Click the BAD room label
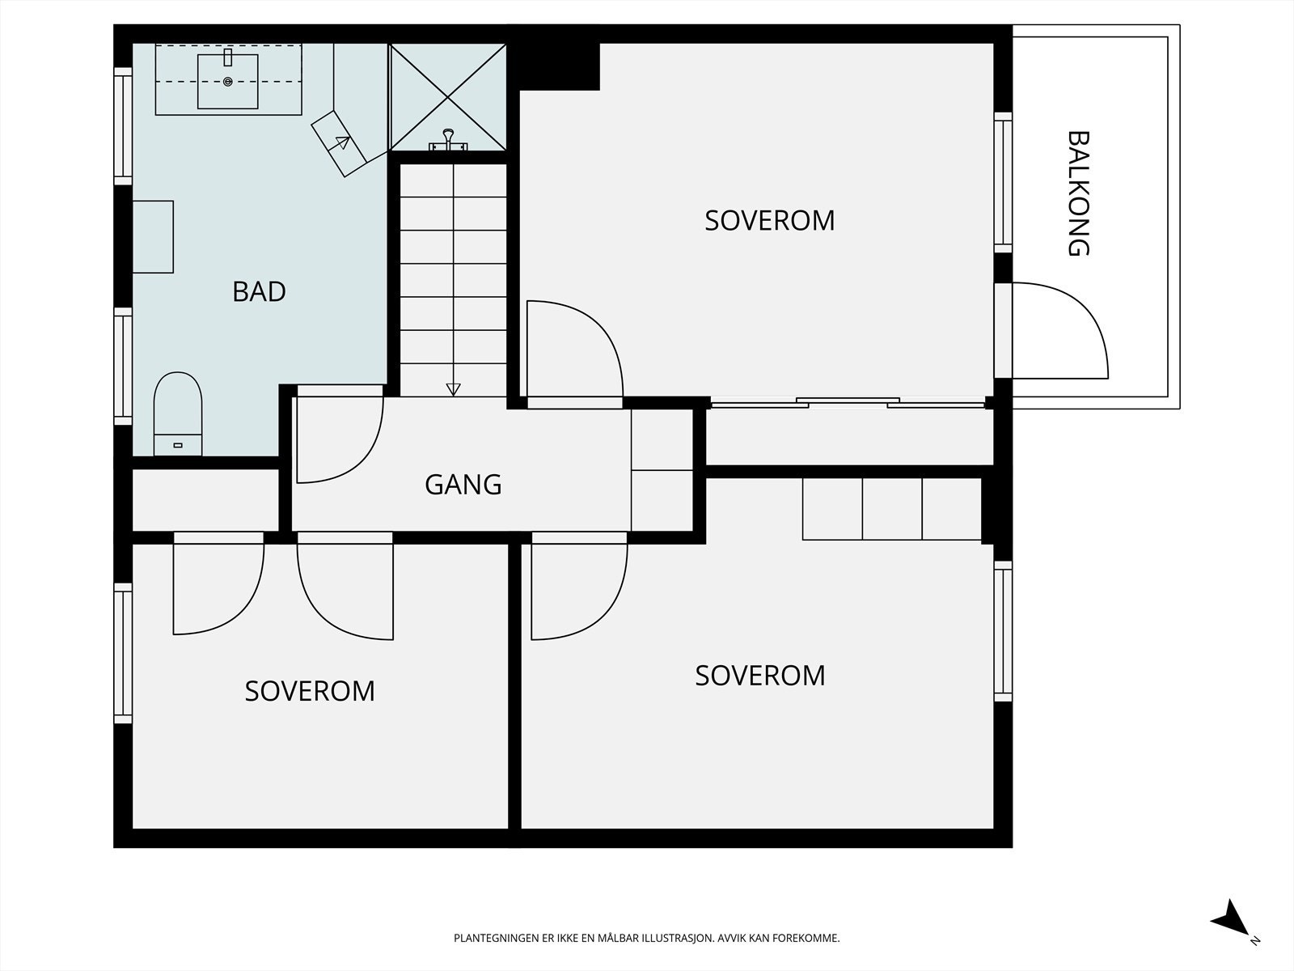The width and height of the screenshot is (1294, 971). click(259, 291)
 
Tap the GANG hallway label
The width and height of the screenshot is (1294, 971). click(463, 485)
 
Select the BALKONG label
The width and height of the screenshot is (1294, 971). click(1078, 193)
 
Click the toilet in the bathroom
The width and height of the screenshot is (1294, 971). click(177, 413)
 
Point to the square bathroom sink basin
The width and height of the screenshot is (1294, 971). click(227, 82)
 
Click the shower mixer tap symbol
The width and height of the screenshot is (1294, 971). click(448, 140)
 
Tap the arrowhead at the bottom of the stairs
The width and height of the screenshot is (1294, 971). click(453, 389)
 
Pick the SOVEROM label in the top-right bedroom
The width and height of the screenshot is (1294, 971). click(769, 220)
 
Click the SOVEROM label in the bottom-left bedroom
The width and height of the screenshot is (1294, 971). click(310, 691)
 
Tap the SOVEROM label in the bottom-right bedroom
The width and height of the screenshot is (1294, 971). click(760, 675)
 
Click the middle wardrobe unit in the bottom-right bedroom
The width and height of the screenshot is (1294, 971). click(892, 509)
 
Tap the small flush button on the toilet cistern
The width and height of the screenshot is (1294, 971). click(178, 445)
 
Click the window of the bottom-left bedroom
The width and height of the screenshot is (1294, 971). click(123, 653)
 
